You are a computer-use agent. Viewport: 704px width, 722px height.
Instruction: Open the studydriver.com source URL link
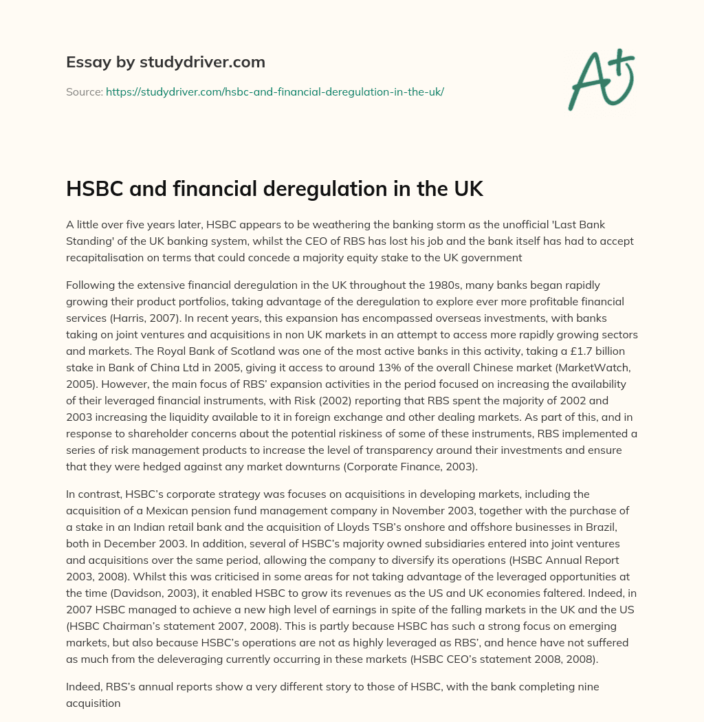(274, 91)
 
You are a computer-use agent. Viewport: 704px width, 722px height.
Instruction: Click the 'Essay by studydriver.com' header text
(165, 62)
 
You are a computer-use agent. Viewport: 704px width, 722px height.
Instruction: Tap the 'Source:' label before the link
(84, 91)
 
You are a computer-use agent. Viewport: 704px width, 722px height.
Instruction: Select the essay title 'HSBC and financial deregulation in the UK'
(274, 189)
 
